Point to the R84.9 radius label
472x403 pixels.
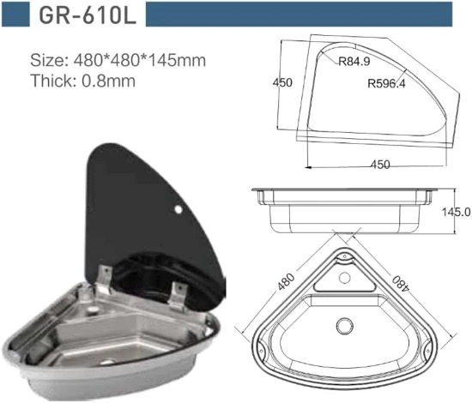354,62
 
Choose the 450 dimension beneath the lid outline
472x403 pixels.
379,165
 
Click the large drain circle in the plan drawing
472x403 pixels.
344,326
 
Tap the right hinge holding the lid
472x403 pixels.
178,293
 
